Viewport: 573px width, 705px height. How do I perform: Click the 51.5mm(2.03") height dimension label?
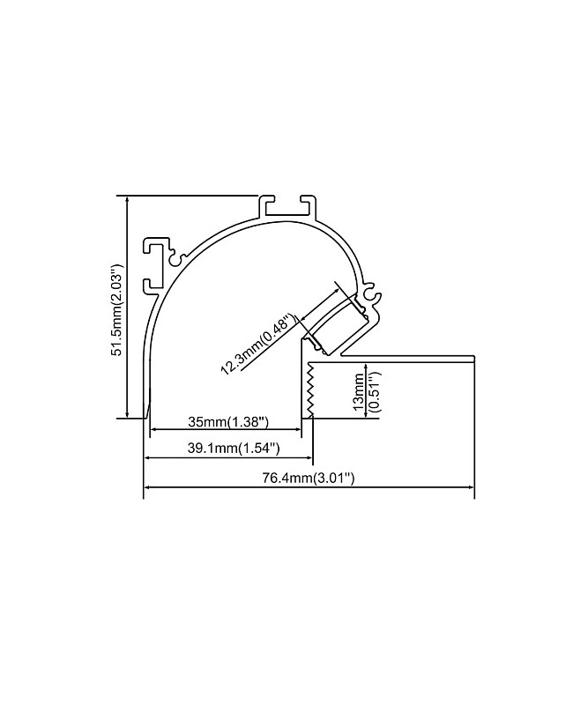click(117, 310)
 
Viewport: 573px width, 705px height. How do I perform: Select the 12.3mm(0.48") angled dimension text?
click(258, 344)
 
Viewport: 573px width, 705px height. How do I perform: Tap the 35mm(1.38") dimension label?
click(228, 422)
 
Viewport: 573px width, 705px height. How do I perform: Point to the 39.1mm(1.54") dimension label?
click(234, 449)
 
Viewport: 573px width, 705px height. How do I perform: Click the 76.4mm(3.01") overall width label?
click(309, 478)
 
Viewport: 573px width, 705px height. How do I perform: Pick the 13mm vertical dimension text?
click(359, 391)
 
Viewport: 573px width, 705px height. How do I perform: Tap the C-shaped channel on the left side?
click(155, 266)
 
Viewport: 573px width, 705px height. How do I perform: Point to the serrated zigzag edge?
click(309, 390)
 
